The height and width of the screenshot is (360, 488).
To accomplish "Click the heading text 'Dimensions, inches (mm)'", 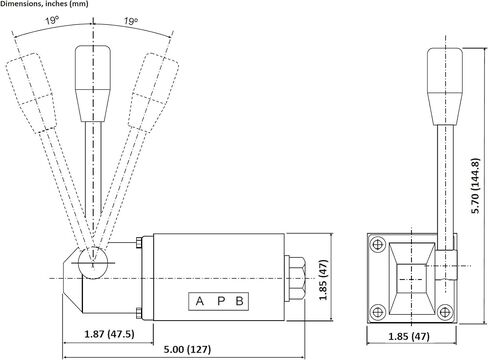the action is [x=44, y=4].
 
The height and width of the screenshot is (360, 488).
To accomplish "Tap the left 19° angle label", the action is [x=52, y=21].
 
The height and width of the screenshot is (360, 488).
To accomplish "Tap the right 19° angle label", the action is [x=131, y=21].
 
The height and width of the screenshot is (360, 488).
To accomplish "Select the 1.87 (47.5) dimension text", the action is [x=109, y=334].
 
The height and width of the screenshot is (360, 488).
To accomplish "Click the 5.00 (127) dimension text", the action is [x=187, y=349].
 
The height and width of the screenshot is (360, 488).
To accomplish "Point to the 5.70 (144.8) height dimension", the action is [x=476, y=186].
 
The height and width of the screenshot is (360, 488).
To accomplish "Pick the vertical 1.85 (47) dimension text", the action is [x=323, y=280].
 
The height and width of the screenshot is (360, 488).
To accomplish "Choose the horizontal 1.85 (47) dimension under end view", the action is [x=409, y=336].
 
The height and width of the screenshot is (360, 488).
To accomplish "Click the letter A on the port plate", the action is [x=200, y=301].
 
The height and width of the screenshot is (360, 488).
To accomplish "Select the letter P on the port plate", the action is [x=221, y=301].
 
